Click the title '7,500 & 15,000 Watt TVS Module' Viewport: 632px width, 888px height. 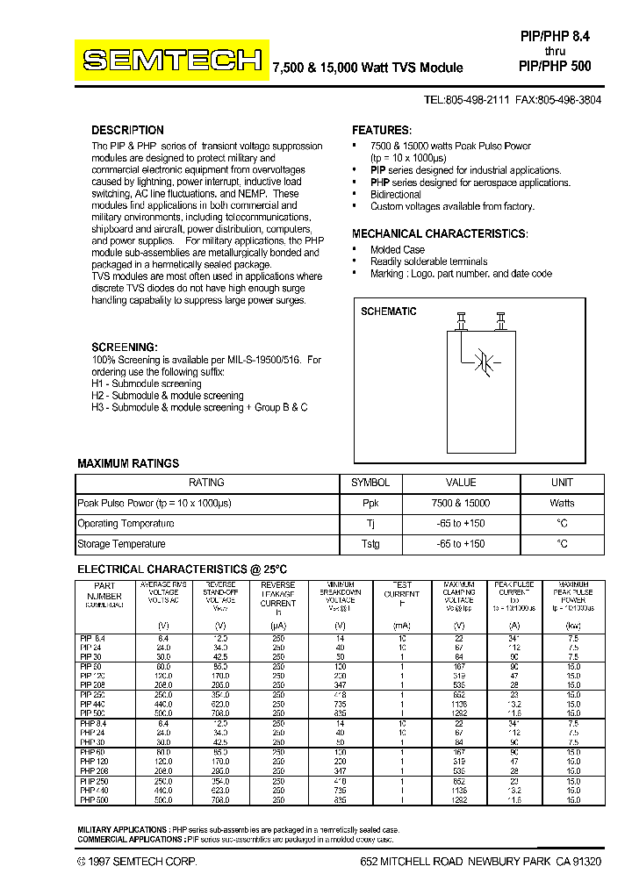coord(369,67)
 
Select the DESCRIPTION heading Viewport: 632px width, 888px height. coord(128,130)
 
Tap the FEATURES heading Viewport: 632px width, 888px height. coord(382,130)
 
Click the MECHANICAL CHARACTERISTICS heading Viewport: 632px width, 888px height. coord(440,234)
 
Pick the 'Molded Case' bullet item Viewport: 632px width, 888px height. coord(398,249)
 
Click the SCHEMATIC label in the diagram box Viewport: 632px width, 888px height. coord(389,312)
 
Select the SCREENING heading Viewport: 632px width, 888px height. coord(125,347)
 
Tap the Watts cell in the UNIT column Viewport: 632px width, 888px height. coord(562,503)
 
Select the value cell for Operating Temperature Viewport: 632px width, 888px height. coord(461,524)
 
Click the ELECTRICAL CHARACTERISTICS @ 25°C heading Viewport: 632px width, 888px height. coord(183,569)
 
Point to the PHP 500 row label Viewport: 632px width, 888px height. coord(94,800)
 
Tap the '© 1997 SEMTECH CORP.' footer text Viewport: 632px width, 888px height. coord(137,863)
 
